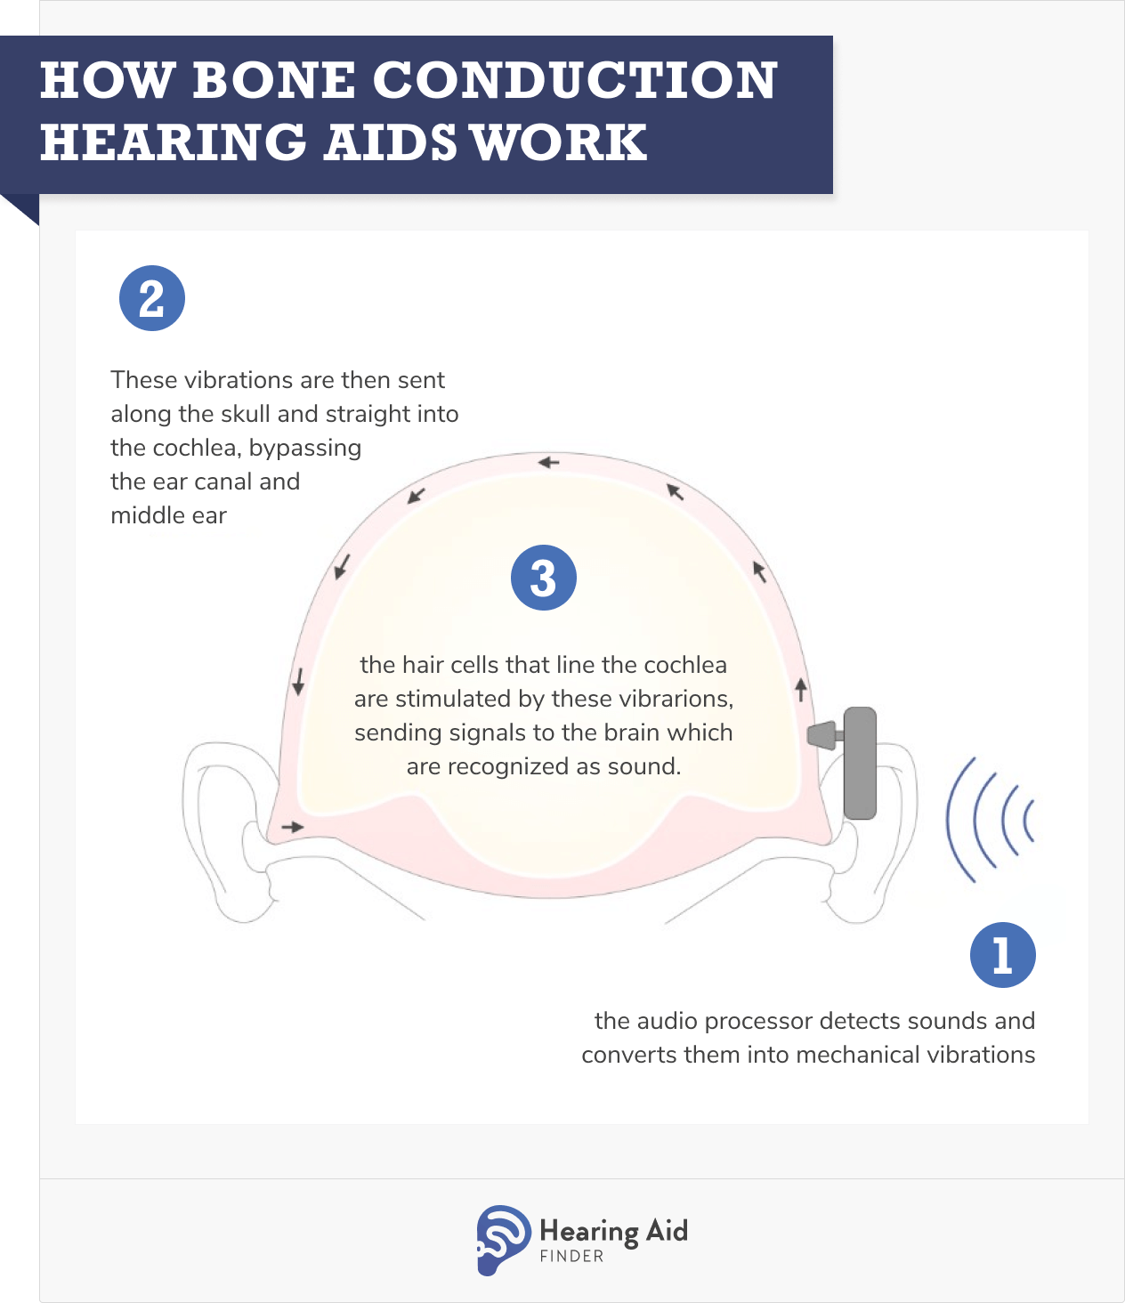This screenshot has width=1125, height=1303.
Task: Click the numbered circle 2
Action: point(152,299)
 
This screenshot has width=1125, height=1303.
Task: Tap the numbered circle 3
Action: point(544,578)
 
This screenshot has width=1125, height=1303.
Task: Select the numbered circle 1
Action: point(1002,955)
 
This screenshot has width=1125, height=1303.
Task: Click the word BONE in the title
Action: point(272,80)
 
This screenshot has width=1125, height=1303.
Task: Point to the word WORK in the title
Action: point(559,142)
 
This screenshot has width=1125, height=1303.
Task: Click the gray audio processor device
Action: point(858,763)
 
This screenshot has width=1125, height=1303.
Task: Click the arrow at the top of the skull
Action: point(548,463)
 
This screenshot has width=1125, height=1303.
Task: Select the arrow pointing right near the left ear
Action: point(293,828)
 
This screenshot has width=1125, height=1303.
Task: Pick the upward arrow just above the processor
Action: point(801,688)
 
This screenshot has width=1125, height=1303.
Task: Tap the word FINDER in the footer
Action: point(571,1257)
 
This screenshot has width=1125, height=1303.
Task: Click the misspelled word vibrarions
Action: point(685,699)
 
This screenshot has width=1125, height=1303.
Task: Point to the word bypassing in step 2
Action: point(305,448)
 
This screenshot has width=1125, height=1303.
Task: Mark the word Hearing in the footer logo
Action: point(589,1232)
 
